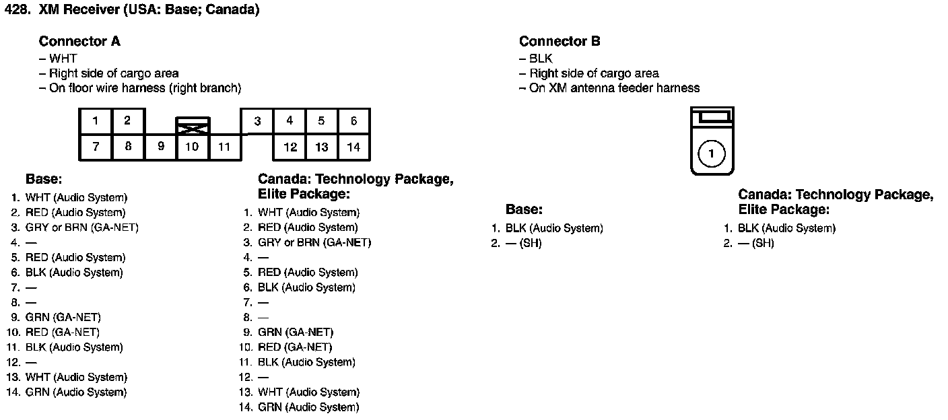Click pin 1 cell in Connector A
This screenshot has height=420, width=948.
click(x=96, y=121)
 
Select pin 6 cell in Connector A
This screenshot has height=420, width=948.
click(x=353, y=121)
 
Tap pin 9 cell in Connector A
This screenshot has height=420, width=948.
click(x=160, y=147)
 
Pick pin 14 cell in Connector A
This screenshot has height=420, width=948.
click(x=353, y=147)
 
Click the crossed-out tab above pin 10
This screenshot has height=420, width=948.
click(x=193, y=126)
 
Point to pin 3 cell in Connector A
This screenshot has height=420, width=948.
click(x=257, y=122)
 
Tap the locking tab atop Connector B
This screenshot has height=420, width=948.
click(x=712, y=118)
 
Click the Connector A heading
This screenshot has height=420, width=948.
click(x=79, y=42)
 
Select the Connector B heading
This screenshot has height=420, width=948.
click(x=560, y=42)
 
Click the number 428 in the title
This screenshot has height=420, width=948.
click(x=16, y=10)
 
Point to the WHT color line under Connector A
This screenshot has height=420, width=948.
click(x=63, y=59)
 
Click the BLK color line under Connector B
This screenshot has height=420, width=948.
click(x=541, y=59)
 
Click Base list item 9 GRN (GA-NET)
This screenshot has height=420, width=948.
click(x=63, y=318)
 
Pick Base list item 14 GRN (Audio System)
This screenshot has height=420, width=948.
click(x=75, y=392)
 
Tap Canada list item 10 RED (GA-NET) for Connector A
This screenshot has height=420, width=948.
click(x=295, y=347)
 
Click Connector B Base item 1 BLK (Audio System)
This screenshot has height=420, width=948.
click(x=553, y=229)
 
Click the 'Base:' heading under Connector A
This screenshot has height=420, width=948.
click(x=44, y=180)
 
